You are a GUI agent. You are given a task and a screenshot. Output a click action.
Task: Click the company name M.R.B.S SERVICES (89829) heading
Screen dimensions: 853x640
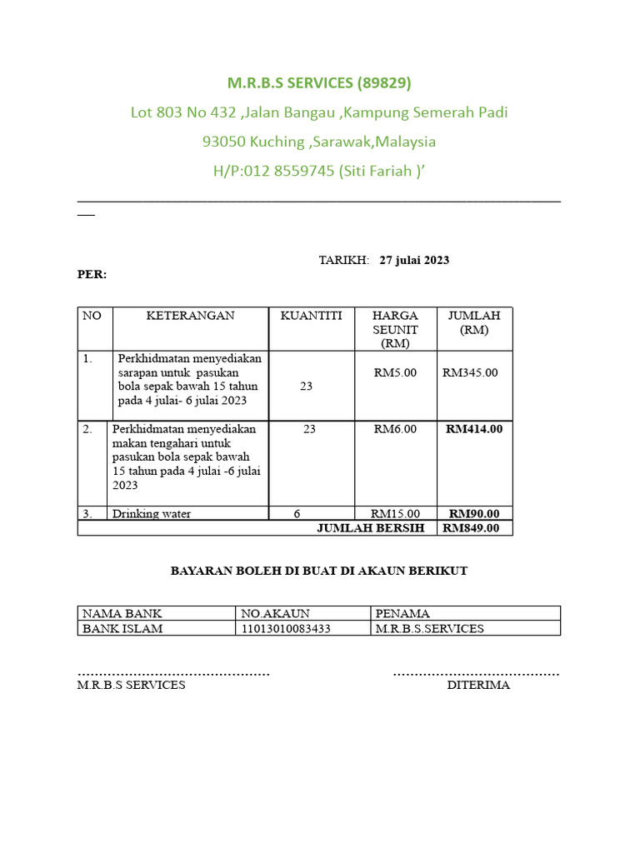pyautogui.click(x=320, y=83)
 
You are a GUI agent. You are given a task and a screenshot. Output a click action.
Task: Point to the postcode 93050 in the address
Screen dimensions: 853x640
pyautogui.click(x=224, y=142)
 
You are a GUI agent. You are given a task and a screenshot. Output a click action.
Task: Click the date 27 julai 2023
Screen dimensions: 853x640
pyautogui.click(x=414, y=260)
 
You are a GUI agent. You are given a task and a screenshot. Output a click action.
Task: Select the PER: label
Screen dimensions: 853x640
pyautogui.click(x=92, y=274)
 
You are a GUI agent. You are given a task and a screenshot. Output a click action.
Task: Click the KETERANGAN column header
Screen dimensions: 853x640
pyautogui.click(x=191, y=316)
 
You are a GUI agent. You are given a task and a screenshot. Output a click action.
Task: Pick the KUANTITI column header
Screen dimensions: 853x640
pyautogui.click(x=312, y=316)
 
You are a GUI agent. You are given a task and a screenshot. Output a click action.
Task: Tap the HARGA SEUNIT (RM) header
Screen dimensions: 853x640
pyautogui.click(x=395, y=329)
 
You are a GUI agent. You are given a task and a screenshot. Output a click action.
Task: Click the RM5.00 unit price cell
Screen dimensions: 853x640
pyautogui.click(x=395, y=372)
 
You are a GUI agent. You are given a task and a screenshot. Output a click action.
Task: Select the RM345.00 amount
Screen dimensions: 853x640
pyautogui.click(x=470, y=372)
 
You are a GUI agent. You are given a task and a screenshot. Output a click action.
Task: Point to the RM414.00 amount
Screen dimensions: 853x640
pyautogui.click(x=474, y=429)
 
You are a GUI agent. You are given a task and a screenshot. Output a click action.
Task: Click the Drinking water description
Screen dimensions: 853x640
pyautogui.click(x=152, y=514)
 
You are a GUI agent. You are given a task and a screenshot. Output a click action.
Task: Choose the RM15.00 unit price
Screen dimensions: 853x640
pyautogui.click(x=395, y=514)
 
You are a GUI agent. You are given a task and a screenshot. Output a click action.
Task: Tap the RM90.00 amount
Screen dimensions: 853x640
pyautogui.click(x=474, y=514)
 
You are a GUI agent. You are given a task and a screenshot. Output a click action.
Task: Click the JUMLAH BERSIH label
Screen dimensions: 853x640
pyautogui.click(x=371, y=528)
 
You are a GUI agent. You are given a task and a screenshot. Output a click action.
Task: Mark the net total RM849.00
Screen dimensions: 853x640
pyautogui.click(x=472, y=528)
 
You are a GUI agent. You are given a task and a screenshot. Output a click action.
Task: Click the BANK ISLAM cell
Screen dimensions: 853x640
pyautogui.click(x=122, y=629)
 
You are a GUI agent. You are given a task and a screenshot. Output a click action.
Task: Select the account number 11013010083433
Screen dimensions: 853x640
pyautogui.click(x=285, y=629)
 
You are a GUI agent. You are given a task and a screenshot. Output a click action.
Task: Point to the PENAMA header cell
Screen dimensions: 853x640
pyautogui.click(x=402, y=614)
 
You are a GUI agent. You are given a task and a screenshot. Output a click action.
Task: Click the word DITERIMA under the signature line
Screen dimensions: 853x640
pyautogui.click(x=478, y=686)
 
